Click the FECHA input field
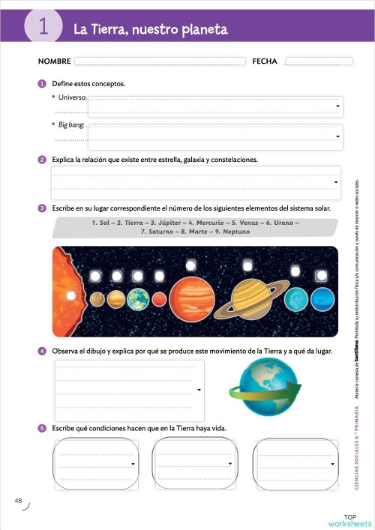click(318, 61)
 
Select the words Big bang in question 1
click(71, 124)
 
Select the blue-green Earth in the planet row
click(138, 300)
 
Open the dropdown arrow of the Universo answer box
click(338, 107)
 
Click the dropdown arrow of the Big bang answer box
click(338, 136)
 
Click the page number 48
click(18, 500)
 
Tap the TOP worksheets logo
click(349, 520)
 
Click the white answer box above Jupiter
click(190, 263)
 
